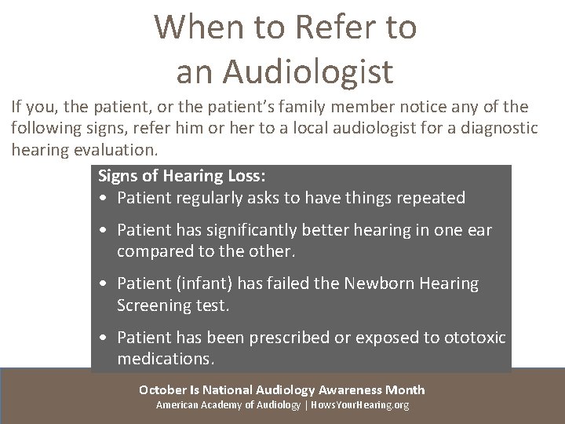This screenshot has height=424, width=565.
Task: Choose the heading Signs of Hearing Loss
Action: pyautogui.click(x=183, y=177)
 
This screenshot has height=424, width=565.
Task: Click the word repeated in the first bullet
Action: pyautogui.click(x=428, y=198)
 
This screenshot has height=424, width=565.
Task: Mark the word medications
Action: pyautogui.click(x=165, y=359)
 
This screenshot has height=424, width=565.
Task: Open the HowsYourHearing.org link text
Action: pyautogui.click(x=359, y=405)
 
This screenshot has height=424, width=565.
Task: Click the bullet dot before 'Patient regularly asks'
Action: pyautogui.click(x=104, y=199)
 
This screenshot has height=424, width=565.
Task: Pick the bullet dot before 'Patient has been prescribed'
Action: pyautogui.click(x=104, y=338)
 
